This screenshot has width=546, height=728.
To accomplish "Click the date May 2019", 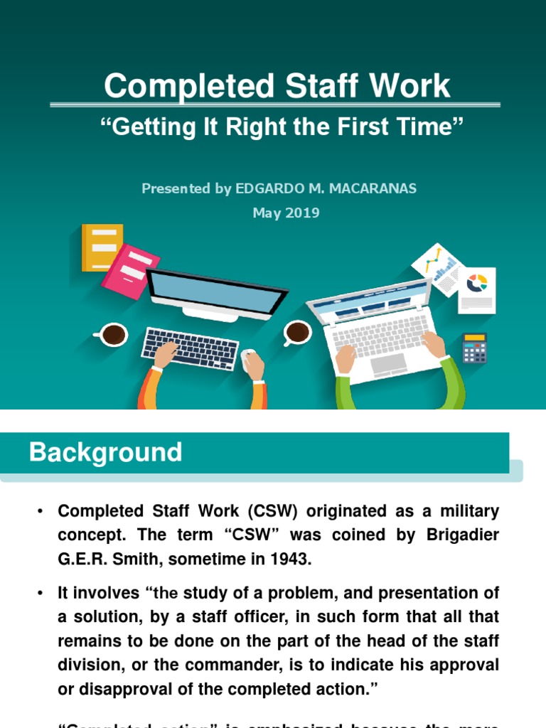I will [x=286, y=213].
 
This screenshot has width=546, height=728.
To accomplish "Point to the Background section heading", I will [x=105, y=452].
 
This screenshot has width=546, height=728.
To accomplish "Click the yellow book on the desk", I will [x=102, y=247].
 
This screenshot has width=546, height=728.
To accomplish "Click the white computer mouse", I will [x=247, y=355].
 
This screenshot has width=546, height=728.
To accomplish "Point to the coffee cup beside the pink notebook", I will [x=112, y=334].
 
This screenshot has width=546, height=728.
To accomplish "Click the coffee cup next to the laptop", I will [x=297, y=332].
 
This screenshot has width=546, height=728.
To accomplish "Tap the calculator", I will [x=474, y=348].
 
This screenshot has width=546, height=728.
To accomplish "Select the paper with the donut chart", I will [x=476, y=289].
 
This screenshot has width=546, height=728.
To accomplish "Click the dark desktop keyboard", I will [x=190, y=348].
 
